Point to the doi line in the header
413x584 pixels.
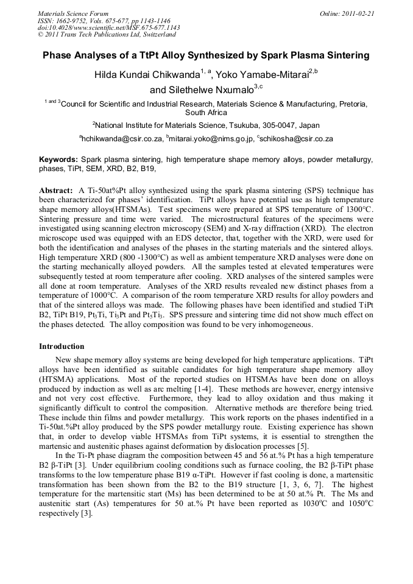[108, 27]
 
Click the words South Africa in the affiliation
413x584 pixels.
[206, 113]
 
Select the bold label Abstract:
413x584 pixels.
[57, 190]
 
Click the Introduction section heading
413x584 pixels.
[62, 346]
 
